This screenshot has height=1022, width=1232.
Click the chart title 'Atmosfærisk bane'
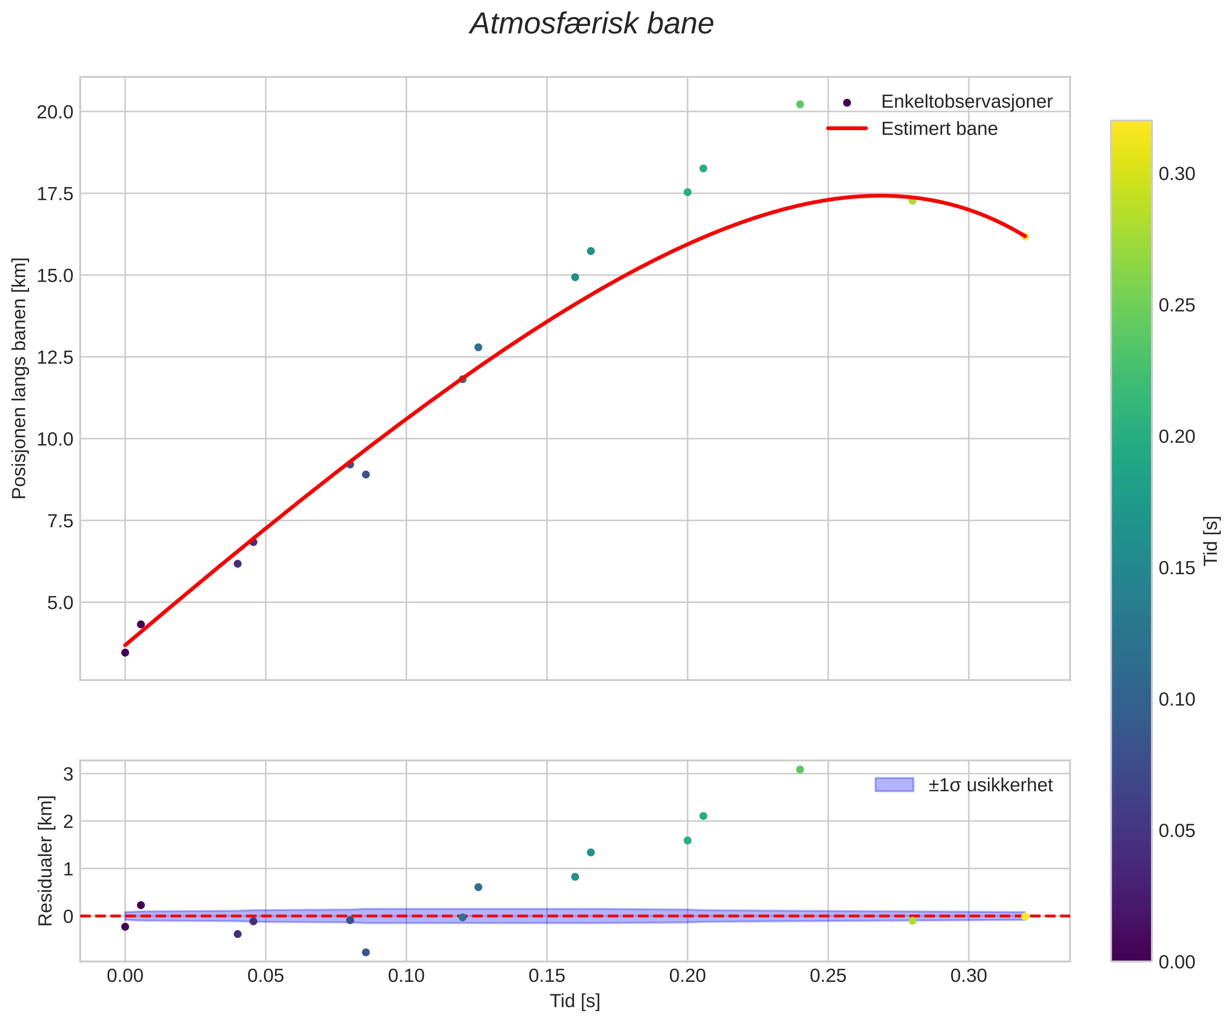click(x=591, y=25)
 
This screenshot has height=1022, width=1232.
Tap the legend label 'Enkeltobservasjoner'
click(x=966, y=101)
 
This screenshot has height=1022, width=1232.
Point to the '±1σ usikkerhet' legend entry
click(x=990, y=785)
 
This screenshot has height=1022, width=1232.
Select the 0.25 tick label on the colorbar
click(x=1176, y=306)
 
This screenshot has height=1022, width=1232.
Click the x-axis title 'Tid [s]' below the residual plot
click(x=574, y=1002)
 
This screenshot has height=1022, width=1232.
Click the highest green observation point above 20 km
click(x=800, y=104)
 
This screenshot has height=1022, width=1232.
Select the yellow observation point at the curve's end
click(x=1024, y=237)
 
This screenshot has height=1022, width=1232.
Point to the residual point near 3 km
click(x=800, y=770)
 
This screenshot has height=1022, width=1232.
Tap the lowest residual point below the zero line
click(x=365, y=952)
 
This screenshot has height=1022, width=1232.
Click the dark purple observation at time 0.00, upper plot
click(x=125, y=653)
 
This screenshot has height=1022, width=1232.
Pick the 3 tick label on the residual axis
click(x=68, y=774)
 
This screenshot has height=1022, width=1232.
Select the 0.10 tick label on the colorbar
click(x=1176, y=699)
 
